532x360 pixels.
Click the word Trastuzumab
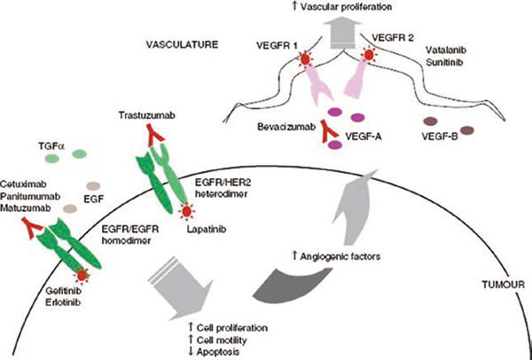[x=147, y=115]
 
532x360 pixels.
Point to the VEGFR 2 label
[x=393, y=38]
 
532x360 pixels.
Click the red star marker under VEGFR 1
[x=305, y=59]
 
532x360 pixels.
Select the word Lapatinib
[x=207, y=230]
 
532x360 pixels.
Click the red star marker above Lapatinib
[x=186, y=212]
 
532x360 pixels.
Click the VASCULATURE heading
[x=181, y=44]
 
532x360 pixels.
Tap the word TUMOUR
[x=503, y=285]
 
